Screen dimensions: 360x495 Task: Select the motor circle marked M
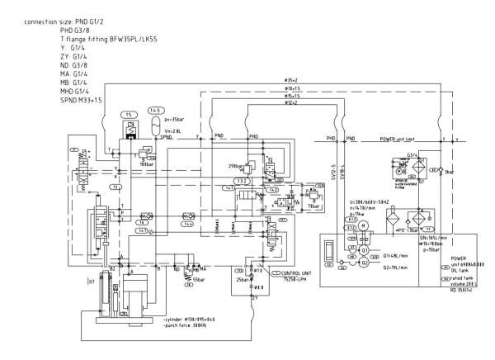pos(361,225)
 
